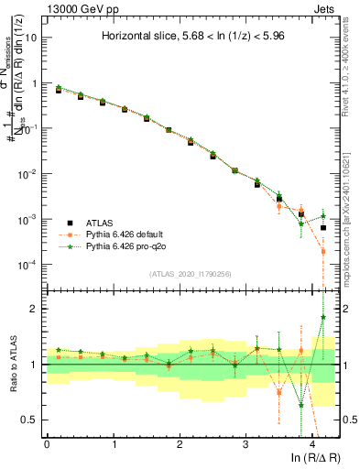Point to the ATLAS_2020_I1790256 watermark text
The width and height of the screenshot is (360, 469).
click(191, 274)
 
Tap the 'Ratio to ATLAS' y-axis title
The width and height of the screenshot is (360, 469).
click(14, 365)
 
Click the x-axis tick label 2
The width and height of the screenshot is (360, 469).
click(180, 442)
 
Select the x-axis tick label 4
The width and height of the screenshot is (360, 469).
click(312, 442)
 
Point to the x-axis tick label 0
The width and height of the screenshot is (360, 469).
click(47, 442)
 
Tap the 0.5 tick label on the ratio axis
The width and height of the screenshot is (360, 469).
click(30, 420)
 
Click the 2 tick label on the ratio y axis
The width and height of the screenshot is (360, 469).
click(35, 309)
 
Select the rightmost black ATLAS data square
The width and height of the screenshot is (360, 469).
click(323, 227)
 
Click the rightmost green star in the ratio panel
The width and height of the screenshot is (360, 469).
click(323, 317)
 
